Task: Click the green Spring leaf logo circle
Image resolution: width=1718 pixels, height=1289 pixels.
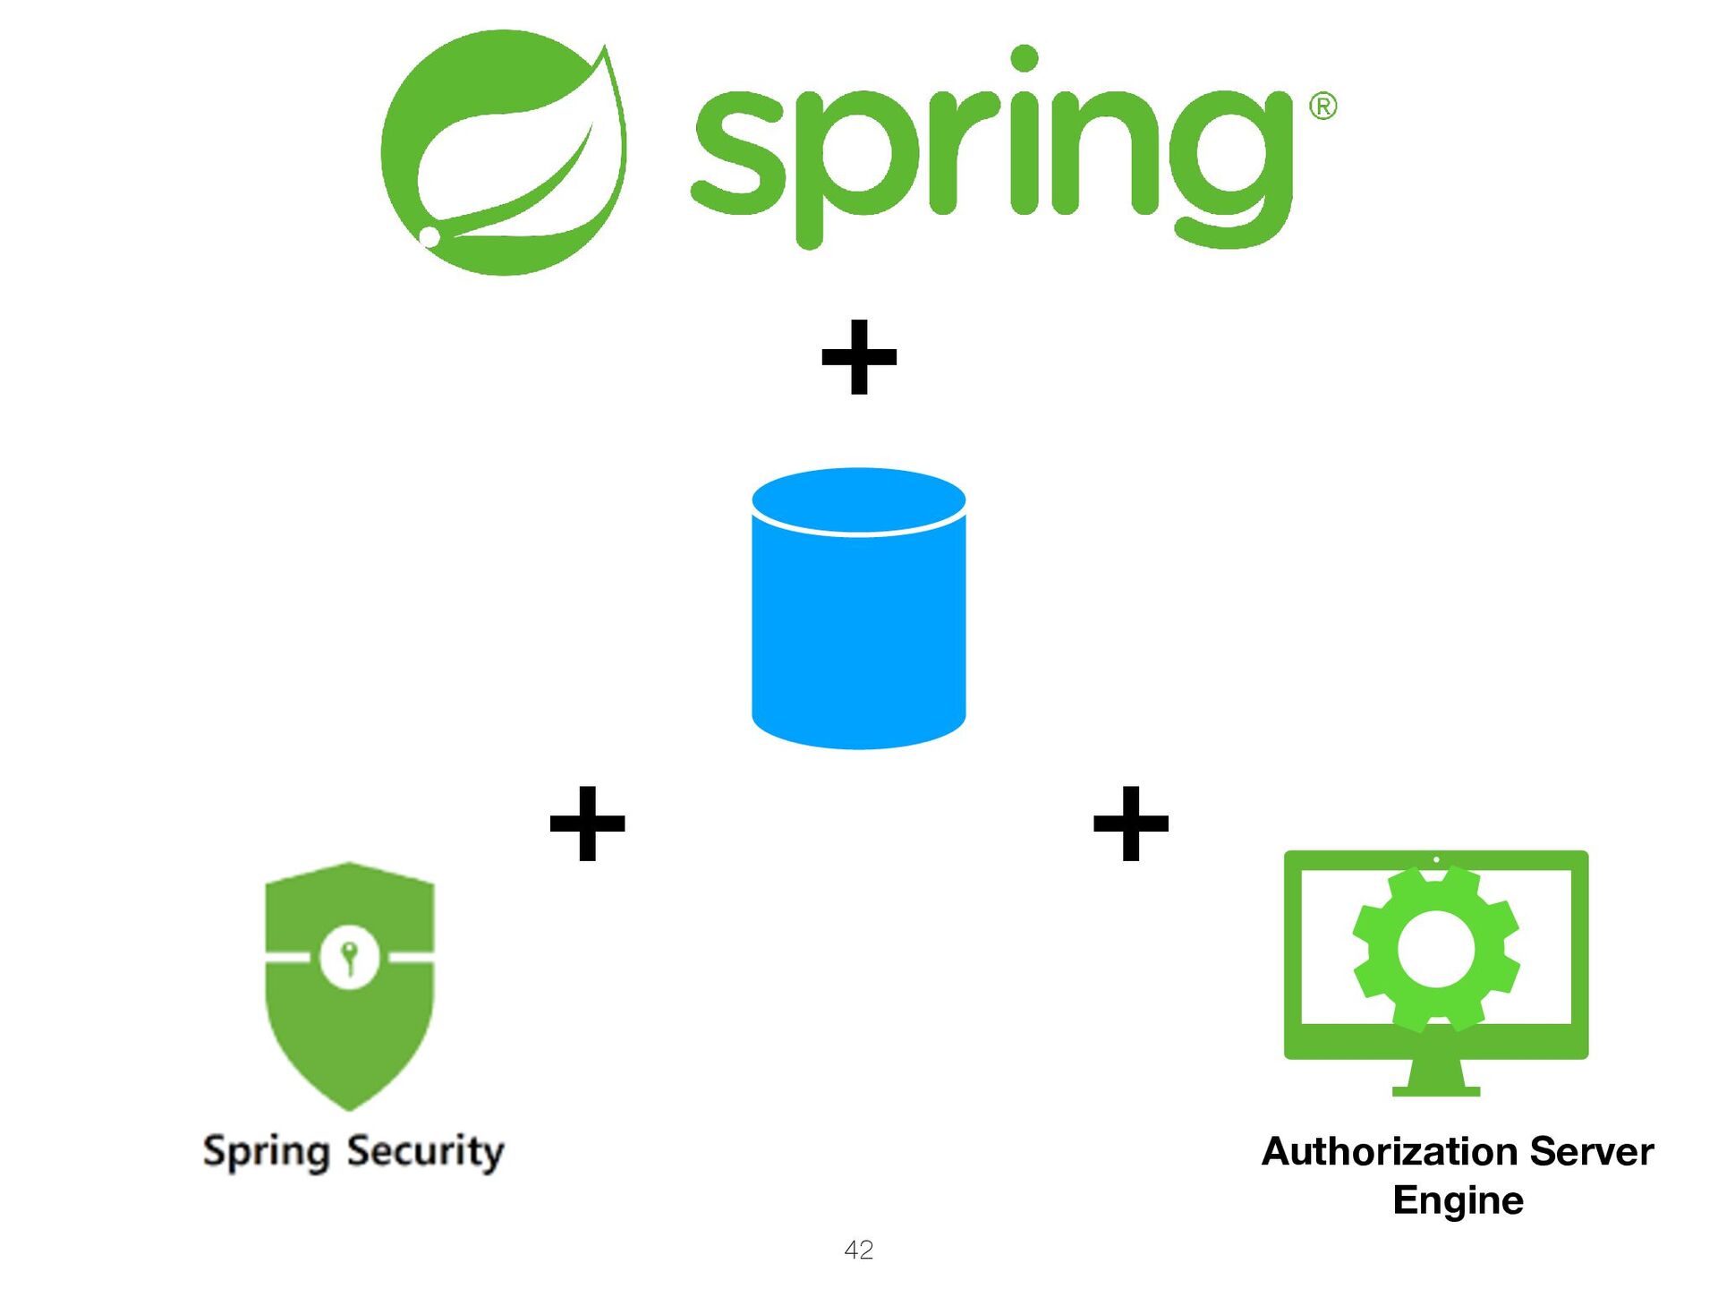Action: tap(503, 152)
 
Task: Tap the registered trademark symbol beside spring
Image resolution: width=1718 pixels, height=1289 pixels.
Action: tap(1323, 107)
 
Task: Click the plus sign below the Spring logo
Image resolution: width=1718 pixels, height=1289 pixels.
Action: tap(859, 357)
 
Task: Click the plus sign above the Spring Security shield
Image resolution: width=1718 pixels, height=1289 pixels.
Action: tap(587, 824)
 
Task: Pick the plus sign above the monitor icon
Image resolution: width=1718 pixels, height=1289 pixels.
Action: tap(1131, 824)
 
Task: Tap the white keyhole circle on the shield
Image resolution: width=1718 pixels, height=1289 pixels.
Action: tap(350, 958)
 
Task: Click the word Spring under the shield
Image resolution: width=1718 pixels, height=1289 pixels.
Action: tap(266, 1152)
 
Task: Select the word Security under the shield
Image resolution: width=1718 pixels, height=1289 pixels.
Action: tap(426, 1151)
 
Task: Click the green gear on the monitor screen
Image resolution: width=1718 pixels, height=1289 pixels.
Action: tap(1436, 949)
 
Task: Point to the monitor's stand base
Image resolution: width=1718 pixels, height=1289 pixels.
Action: tap(1436, 1090)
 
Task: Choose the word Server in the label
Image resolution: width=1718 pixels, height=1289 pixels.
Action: tap(1592, 1152)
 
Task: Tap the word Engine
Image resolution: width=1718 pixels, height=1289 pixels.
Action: tap(1459, 1200)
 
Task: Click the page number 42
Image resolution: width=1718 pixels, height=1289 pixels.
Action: tap(859, 1250)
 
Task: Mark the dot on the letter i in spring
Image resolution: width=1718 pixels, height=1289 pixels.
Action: tap(1025, 58)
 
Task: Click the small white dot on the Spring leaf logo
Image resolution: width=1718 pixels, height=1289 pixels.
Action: tap(429, 236)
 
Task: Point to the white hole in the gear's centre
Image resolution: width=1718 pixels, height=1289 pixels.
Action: tap(1436, 949)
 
